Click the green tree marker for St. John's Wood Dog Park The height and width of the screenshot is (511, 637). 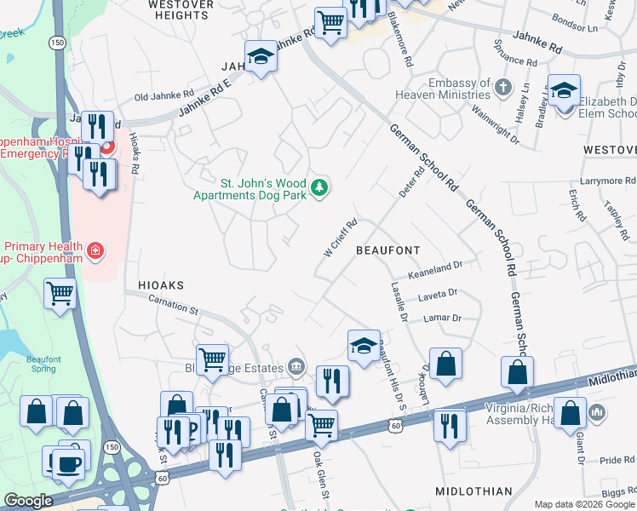tap(319, 187)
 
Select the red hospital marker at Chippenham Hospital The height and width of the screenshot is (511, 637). tap(107, 148)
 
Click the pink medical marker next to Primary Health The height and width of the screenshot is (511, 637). tap(96, 250)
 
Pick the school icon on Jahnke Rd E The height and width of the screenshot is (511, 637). tap(260, 57)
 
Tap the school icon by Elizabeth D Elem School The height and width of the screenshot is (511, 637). tap(564, 90)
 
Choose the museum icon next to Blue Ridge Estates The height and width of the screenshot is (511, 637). tap(296, 366)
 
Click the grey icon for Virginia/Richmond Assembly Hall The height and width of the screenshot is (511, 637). tap(597, 413)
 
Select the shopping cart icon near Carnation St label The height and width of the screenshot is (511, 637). tap(212, 359)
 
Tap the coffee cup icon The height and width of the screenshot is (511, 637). tap(68, 464)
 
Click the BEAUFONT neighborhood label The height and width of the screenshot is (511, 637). tap(387, 250)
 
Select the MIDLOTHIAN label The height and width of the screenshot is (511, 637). tap(473, 491)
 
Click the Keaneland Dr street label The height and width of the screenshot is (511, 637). tap(435, 266)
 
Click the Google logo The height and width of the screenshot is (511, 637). tap(29, 501)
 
